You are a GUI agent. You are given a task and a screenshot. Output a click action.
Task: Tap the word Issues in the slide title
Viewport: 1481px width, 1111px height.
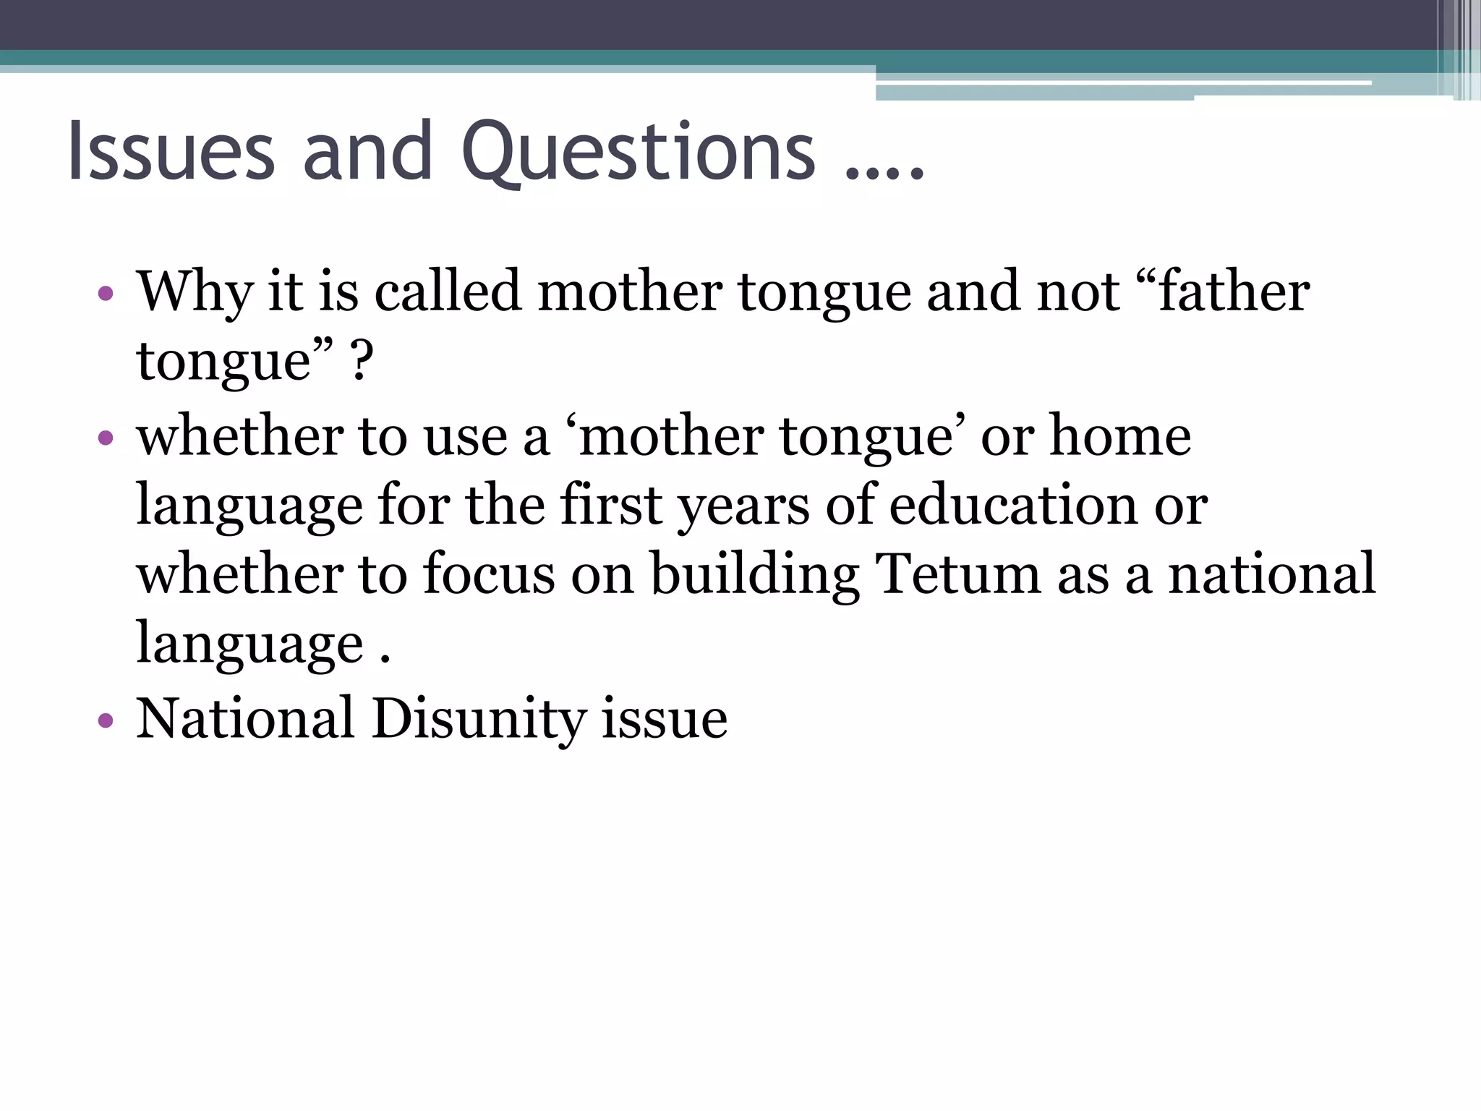click(171, 152)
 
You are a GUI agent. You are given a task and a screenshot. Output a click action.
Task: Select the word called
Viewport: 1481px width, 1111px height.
click(448, 291)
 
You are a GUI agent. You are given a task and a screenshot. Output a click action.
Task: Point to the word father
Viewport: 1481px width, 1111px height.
click(1234, 291)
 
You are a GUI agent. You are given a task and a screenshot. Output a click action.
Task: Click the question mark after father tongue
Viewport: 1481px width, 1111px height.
click(362, 361)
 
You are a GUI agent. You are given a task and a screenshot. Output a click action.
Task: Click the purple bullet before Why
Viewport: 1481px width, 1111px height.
click(106, 294)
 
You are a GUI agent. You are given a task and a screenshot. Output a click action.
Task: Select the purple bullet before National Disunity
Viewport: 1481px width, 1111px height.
click(106, 720)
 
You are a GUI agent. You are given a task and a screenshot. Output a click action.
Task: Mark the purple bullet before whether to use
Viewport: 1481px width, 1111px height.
click(106, 438)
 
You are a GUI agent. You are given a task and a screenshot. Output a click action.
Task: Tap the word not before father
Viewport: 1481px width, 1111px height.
click(1077, 291)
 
